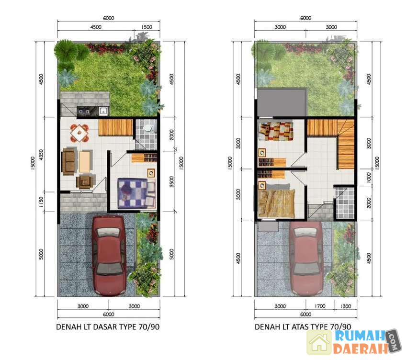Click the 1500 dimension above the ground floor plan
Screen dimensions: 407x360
pos(147,27)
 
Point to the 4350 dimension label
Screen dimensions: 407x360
pos(41,155)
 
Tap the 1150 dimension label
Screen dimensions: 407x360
pos(41,202)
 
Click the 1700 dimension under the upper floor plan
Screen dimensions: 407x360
pos(320,306)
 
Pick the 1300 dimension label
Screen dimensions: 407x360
pos(346,306)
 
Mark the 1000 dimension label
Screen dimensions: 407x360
pos(369,178)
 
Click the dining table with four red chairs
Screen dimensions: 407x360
pos(79,133)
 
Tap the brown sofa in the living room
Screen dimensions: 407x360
pos(68,161)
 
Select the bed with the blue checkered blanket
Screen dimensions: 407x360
pos(136,193)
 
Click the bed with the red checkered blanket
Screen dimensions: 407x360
pos(276,131)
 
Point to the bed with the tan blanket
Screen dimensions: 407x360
pos(277,201)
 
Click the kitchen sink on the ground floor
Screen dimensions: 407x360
pos(103,111)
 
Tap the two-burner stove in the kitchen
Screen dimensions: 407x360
pos(84,112)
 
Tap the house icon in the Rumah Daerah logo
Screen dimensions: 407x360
pos(319,343)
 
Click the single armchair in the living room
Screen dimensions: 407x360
pos(84,181)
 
